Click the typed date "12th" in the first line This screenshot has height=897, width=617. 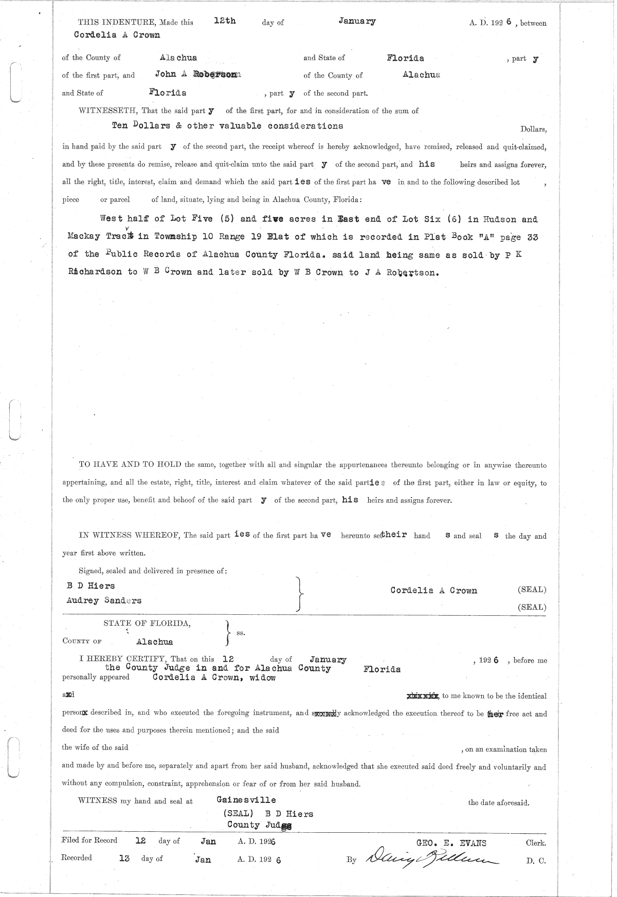point(225,21)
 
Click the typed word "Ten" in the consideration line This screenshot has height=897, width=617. point(120,126)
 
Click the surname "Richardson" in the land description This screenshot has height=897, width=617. point(95,272)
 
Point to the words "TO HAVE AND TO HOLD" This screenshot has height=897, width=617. point(130,465)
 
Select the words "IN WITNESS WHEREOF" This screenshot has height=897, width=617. point(129,535)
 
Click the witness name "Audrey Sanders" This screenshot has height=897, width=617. point(104,600)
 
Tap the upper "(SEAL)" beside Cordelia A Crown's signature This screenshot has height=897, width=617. point(532,590)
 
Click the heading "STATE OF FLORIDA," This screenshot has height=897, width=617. point(147,623)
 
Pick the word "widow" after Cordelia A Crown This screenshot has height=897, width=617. point(262,678)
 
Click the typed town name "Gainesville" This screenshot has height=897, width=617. point(246,800)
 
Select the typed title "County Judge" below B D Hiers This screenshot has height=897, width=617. point(260,825)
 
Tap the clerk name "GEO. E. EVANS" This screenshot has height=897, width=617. point(451,843)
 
